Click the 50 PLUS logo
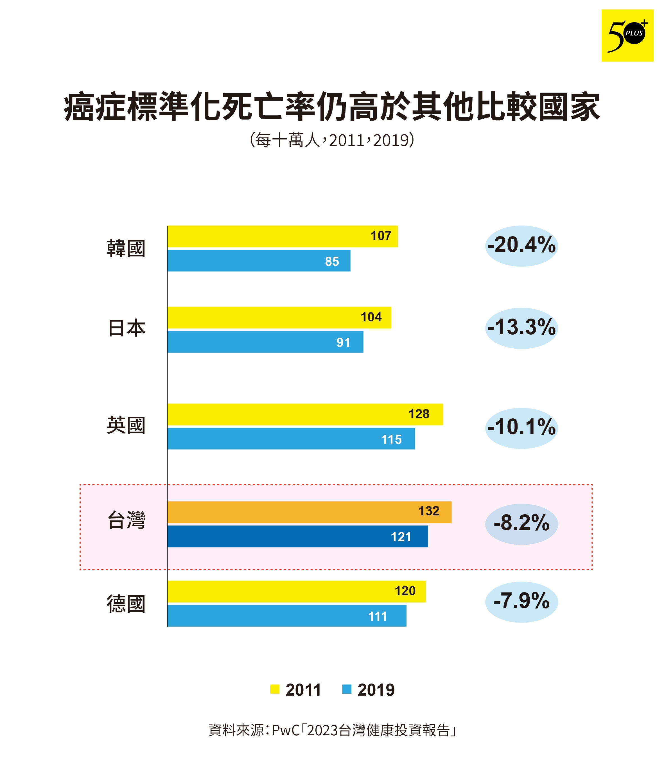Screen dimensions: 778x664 (627, 36)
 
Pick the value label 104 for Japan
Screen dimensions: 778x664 (371, 317)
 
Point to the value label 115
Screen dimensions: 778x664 (391, 439)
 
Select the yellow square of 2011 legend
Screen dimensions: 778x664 (274, 689)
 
